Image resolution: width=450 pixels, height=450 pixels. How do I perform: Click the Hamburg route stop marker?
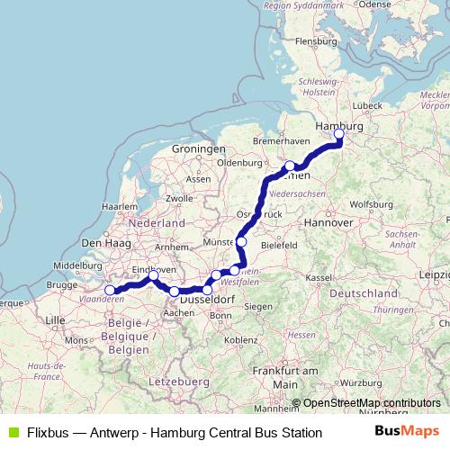click(339, 135)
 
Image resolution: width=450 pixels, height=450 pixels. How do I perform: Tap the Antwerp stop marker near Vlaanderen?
click(110, 290)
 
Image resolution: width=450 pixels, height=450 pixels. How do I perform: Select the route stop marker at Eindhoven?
click(154, 275)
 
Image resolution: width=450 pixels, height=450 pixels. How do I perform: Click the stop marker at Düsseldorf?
click(207, 290)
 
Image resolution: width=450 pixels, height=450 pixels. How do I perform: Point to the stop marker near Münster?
click(241, 242)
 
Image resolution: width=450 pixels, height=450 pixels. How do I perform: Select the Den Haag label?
click(101, 243)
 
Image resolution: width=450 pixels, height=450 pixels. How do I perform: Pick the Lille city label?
click(55, 319)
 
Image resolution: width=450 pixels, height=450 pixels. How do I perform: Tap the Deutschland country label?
click(364, 293)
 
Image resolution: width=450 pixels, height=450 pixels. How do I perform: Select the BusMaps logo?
click(406, 432)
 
